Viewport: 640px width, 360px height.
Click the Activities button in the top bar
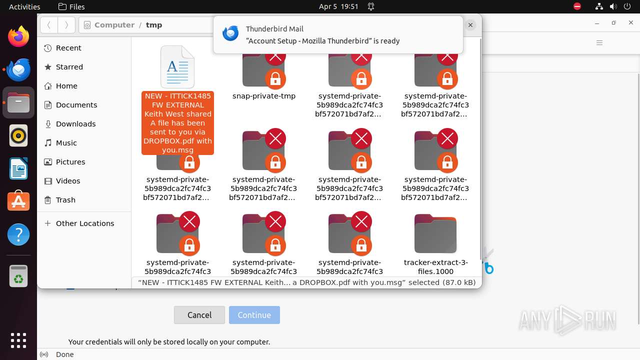[x=24, y=6]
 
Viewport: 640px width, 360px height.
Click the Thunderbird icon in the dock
[x=18, y=69]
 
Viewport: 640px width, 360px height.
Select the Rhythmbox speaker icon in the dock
[x=18, y=135]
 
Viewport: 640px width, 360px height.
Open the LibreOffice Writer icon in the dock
[x=18, y=168]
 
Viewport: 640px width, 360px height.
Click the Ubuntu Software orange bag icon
[x=18, y=201]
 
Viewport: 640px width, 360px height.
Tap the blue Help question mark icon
[x=18, y=234]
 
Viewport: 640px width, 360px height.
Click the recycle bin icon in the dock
[x=18, y=275]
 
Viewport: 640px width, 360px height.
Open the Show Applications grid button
[x=18, y=340]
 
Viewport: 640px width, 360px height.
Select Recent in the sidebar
[x=68, y=48]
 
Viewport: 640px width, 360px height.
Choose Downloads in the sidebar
[x=75, y=124]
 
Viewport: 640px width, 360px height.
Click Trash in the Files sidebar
[x=65, y=200]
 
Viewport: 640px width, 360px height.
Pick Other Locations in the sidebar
[x=84, y=223]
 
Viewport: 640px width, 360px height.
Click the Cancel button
[x=199, y=315]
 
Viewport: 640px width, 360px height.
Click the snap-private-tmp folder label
[x=264, y=96]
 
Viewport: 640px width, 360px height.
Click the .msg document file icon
[x=177, y=67]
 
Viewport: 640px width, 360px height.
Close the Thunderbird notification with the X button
[x=470, y=24]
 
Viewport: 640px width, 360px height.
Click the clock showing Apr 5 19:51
[x=338, y=6]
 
